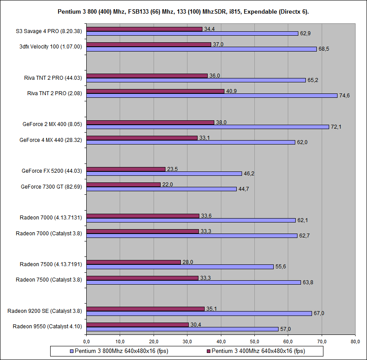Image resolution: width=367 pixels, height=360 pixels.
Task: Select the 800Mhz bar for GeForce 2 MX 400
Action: (207, 127)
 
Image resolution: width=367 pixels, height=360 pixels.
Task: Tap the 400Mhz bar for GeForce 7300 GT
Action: (123, 185)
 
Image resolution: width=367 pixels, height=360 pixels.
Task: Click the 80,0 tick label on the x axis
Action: (356, 341)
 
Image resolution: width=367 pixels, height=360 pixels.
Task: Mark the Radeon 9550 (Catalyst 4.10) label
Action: (47, 327)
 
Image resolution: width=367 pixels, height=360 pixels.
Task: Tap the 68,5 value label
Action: (323, 49)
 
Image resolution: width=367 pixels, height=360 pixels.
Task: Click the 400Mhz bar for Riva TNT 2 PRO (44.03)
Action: (147, 76)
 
